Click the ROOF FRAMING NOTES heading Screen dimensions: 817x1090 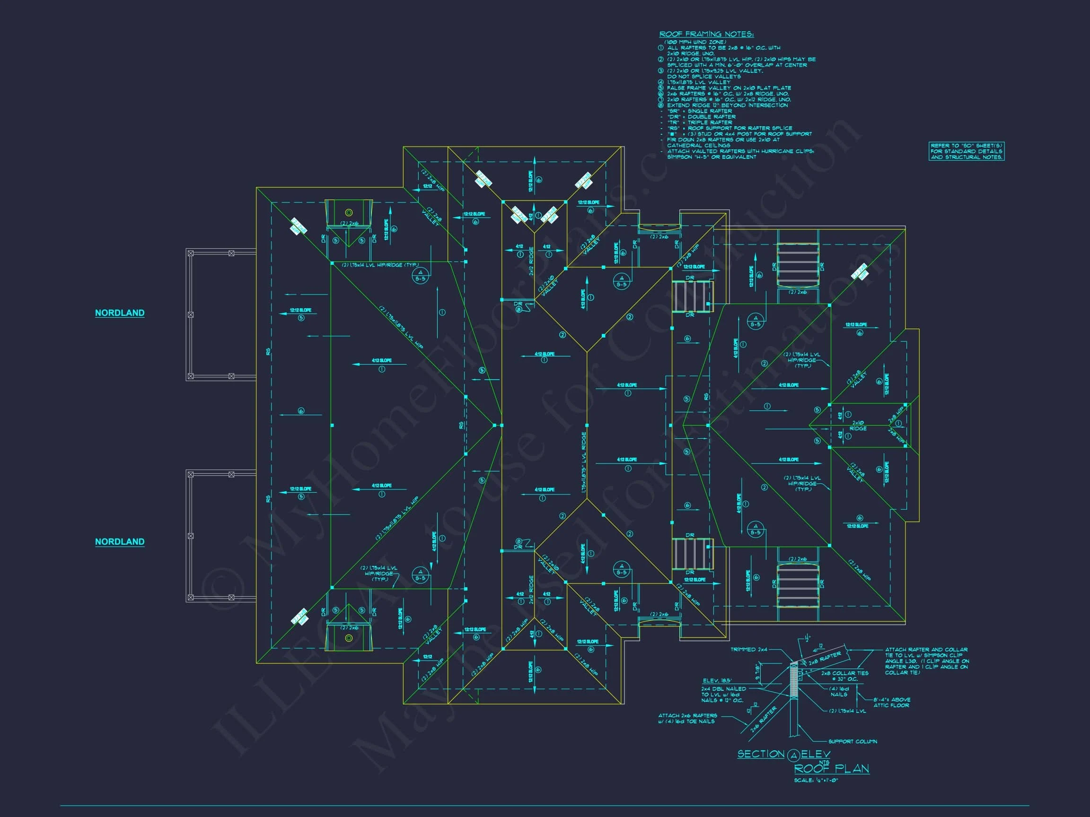[x=706, y=34]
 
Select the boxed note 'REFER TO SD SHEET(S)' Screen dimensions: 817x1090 [x=966, y=151]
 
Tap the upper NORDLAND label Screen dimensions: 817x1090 [x=120, y=313]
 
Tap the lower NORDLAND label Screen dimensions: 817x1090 [x=120, y=541]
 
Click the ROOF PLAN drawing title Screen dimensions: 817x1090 [x=831, y=769]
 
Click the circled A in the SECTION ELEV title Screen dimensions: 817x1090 [x=793, y=755]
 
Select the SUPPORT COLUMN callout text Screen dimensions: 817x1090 [x=853, y=741]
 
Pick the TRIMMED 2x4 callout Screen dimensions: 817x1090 [x=749, y=650]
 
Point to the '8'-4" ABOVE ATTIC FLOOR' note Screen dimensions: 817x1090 [x=892, y=702]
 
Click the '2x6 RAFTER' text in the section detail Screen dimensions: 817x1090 [x=763, y=720]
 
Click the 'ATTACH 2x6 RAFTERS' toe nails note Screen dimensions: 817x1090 [x=687, y=719]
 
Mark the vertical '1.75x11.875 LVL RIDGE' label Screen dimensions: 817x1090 [x=584, y=463]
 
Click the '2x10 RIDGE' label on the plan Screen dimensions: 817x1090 [x=858, y=426]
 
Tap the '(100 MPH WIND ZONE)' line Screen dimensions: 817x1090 [x=695, y=43]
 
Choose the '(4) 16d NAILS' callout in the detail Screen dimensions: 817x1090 [x=839, y=691]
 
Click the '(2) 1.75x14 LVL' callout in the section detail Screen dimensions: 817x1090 [x=847, y=711]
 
